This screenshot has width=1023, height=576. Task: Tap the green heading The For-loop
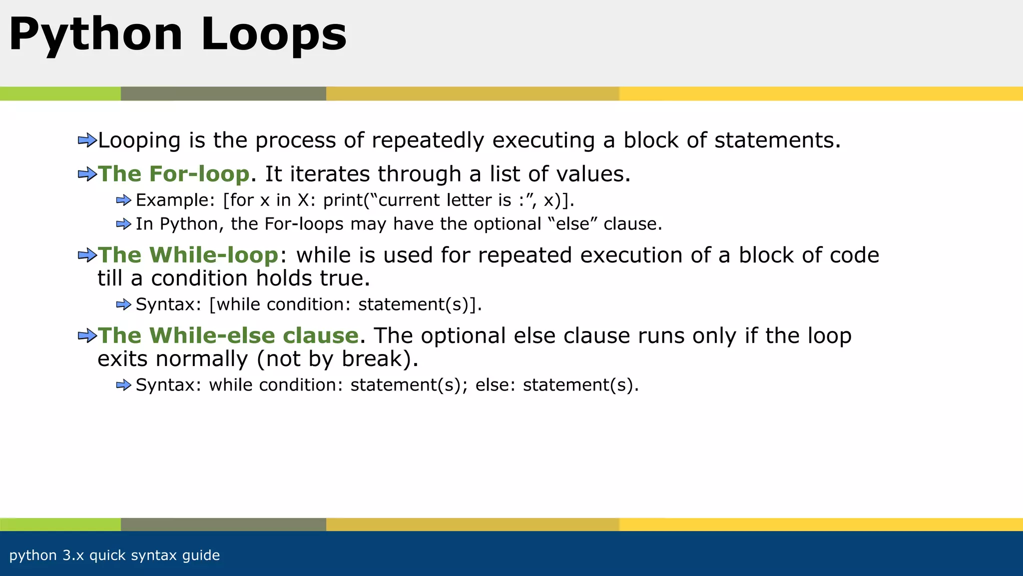click(173, 174)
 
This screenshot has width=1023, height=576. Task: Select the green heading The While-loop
click(188, 255)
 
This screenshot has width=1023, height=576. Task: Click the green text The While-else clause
click(228, 335)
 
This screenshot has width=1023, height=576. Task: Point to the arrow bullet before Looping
click(87, 140)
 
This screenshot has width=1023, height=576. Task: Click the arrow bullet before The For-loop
click(87, 174)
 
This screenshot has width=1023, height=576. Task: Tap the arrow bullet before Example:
click(123, 200)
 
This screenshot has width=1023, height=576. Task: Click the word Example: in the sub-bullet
click(175, 200)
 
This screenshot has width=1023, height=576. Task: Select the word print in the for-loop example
click(343, 200)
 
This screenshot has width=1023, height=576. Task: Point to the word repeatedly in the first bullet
click(428, 140)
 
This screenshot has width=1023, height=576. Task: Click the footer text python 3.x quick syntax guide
click(114, 555)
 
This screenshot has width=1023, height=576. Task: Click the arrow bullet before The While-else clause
click(87, 335)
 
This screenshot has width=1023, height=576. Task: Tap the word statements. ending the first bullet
click(777, 140)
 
